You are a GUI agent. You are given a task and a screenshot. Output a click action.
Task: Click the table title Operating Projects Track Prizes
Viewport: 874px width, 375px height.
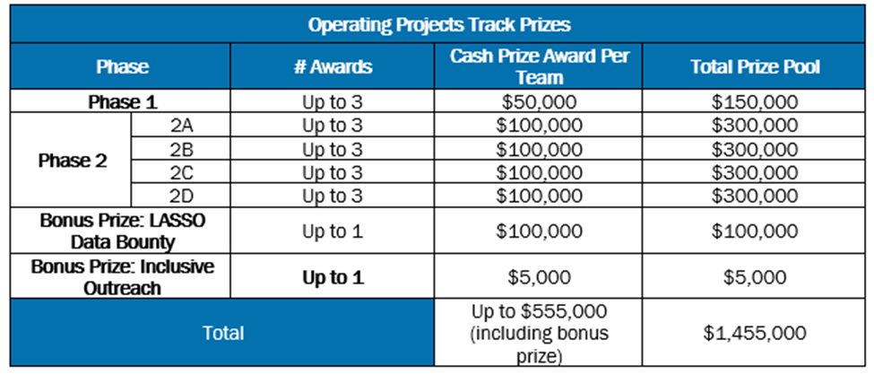[439, 25]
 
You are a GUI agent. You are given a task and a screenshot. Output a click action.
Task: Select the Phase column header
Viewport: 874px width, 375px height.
[123, 67]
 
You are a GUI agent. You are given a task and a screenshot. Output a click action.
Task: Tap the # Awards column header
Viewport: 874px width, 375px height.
[333, 67]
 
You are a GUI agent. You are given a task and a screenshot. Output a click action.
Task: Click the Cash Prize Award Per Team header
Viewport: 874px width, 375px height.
[539, 66]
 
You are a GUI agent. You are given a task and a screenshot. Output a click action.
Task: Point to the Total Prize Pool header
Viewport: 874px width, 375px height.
[756, 67]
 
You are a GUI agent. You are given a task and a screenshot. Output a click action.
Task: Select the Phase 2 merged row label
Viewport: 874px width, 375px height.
[73, 161]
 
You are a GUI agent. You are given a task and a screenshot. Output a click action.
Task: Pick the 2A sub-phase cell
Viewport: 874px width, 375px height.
[181, 126]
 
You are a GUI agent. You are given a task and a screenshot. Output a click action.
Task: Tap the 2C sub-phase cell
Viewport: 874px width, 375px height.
[181, 172]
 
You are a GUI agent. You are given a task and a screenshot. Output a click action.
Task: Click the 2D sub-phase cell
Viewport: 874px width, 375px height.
[181, 196]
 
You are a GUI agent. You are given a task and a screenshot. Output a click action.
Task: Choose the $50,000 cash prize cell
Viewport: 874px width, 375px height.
[539, 102]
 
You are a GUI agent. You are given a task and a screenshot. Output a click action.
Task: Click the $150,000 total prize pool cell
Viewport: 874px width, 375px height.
[756, 102]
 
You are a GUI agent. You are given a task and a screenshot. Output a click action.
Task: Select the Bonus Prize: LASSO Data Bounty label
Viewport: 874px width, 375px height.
[123, 231]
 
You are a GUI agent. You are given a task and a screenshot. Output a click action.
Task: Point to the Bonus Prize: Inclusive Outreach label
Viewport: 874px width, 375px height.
[123, 277]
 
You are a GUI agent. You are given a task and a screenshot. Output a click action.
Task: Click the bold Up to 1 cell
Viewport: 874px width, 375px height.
[333, 278]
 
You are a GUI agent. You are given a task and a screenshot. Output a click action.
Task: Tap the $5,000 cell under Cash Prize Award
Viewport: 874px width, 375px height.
[539, 278]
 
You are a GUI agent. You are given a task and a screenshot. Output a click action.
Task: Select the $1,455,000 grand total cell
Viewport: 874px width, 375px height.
[756, 333]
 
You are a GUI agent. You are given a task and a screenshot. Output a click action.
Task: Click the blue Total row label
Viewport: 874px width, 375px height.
[223, 333]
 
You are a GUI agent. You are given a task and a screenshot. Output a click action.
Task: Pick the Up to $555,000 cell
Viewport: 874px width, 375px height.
[539, 333]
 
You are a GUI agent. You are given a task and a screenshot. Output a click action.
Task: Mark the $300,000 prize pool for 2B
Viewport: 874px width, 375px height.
[756, 149]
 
